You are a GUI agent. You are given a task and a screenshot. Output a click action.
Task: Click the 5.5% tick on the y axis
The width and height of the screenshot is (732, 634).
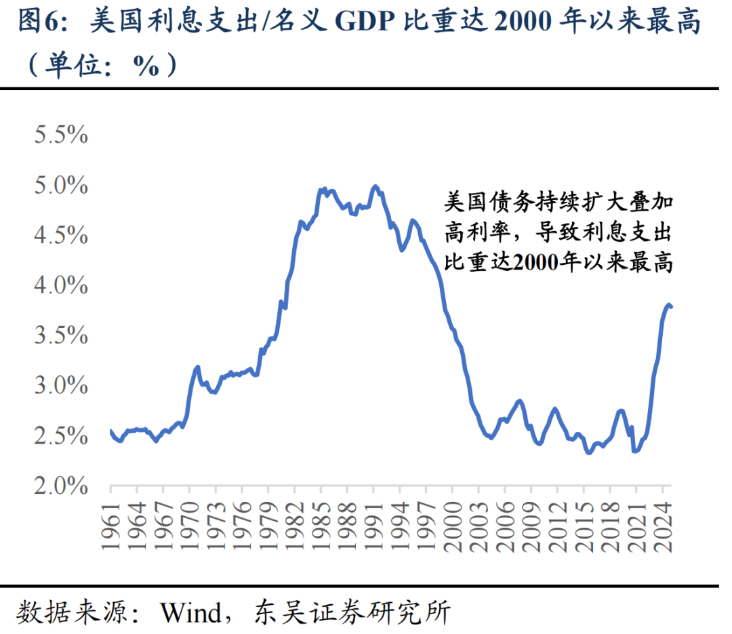[x=61, y=135]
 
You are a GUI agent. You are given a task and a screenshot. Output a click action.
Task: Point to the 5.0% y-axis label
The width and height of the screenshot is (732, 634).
[x=61, y=186]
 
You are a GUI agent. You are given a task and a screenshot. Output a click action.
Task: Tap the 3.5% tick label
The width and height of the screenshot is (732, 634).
[x=61, y=336]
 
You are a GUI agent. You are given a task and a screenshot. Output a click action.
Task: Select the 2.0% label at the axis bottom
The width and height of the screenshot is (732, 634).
[x=61, y=486]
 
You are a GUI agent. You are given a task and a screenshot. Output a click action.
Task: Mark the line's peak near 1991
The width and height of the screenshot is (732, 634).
[x=375, y=186]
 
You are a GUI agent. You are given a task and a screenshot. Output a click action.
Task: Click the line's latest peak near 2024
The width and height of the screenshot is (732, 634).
[x=668, y=304]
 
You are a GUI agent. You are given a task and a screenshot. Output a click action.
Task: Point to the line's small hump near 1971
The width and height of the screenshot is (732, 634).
[x=197, y=367]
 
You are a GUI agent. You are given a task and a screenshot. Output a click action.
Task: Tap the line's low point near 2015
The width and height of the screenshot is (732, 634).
[x=588, y=452]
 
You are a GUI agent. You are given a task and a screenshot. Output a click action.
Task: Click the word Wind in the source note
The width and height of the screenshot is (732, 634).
[x=191, y=613]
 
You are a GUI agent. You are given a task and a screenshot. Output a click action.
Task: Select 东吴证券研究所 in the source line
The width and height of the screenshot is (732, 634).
[x=352, y=613]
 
